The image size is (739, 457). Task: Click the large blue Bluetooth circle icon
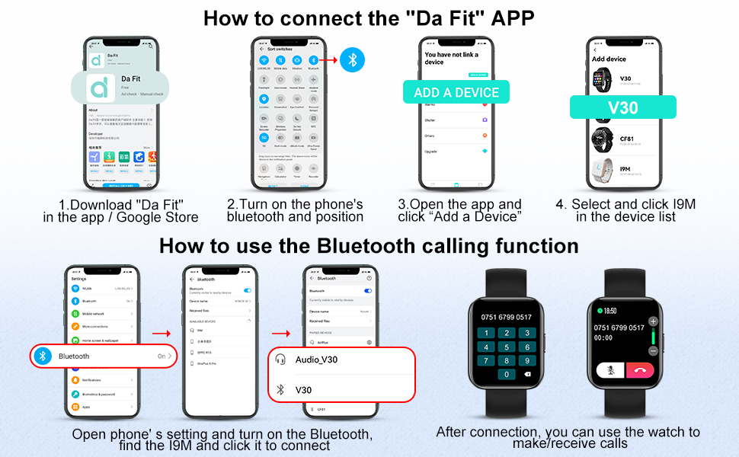(x=352, y=59)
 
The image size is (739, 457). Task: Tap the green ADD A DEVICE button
(x=456, y=92)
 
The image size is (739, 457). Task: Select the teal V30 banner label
(x=622, y=107)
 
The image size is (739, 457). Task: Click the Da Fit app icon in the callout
(x=100, y=87)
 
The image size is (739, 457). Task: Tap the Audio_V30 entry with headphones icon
(x=316, y=360)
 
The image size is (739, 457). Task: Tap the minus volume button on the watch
(x=653, y=350)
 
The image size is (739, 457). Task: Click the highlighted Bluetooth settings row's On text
(x=162, y=356)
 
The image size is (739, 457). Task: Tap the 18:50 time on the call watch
(x=611, y=311)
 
